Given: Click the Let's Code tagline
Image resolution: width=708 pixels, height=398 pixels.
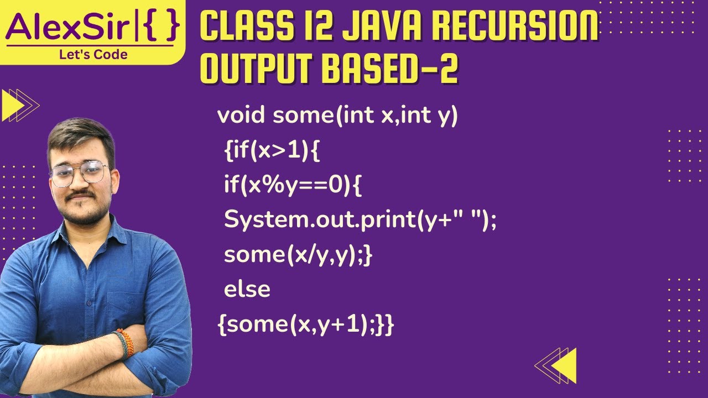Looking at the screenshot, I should coord(93,54).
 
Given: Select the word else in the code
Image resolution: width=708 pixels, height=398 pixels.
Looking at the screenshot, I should coord(247,289).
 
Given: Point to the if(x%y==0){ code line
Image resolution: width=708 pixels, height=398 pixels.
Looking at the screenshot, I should coord(293,186).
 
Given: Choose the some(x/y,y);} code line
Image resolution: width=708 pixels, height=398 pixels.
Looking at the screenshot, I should coord(298,255).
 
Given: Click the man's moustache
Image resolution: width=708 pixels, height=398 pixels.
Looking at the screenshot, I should coord(81,197).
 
